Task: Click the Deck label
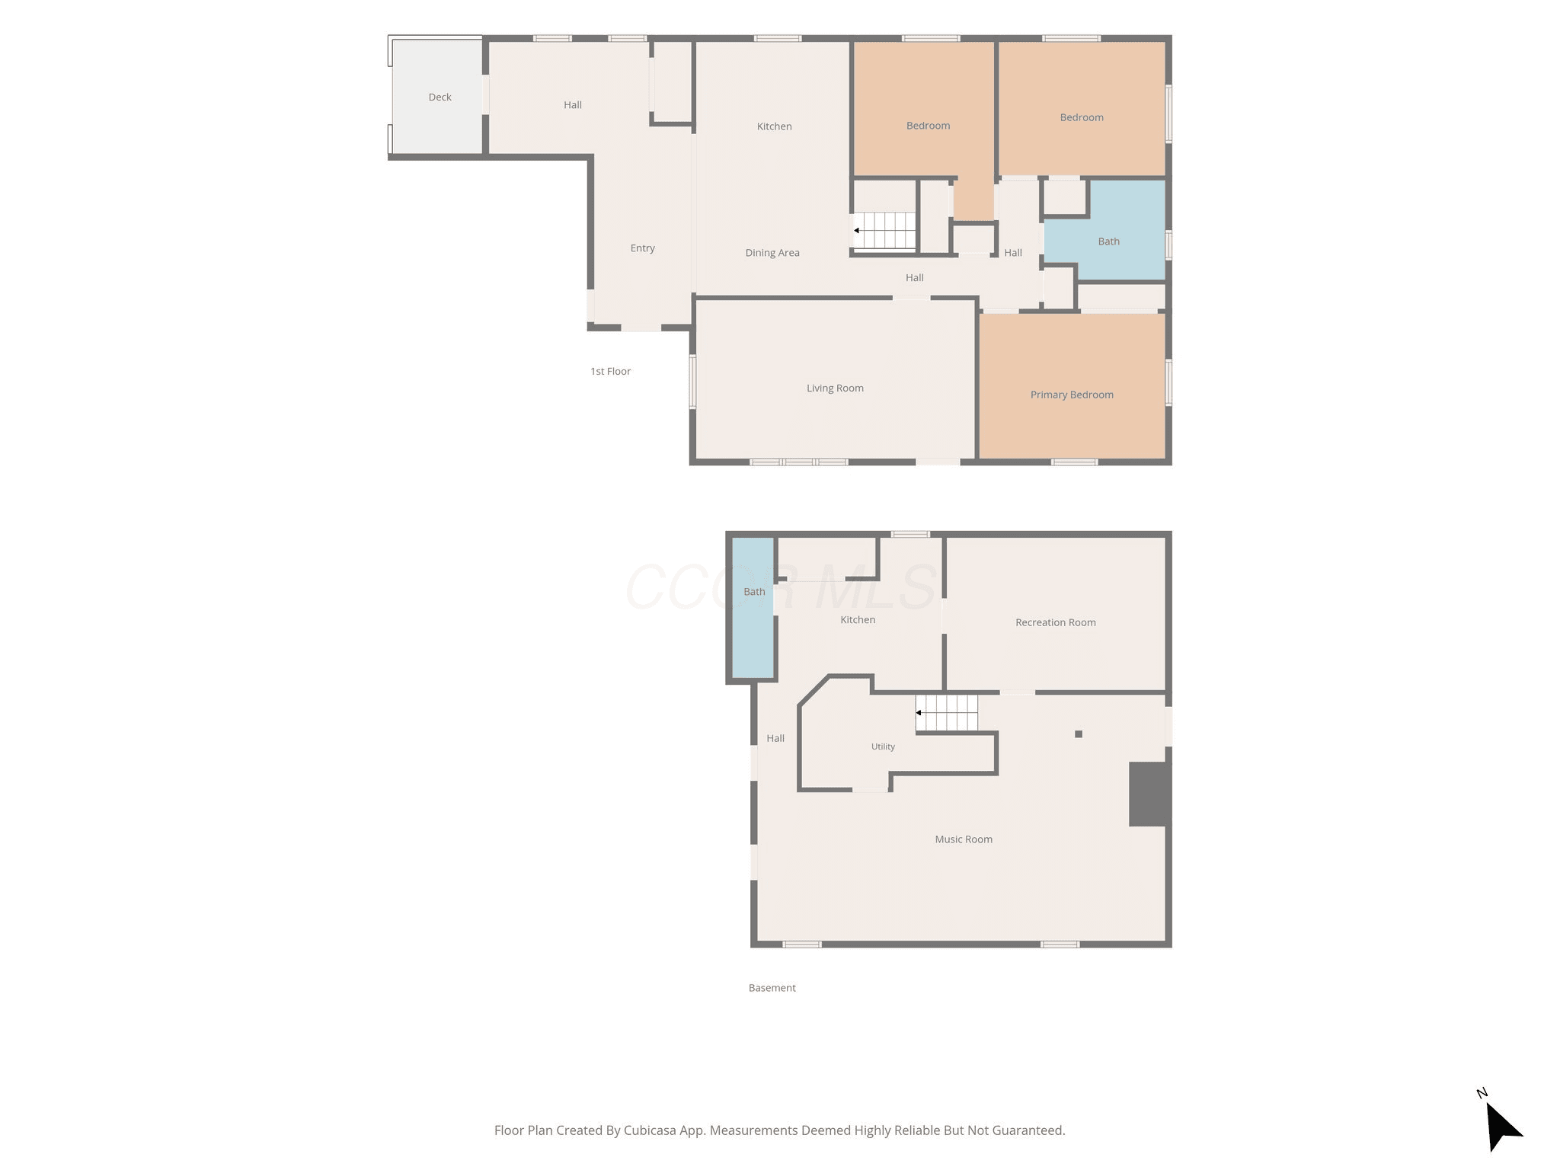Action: click(440, 97)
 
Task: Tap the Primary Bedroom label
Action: click(1072, 395)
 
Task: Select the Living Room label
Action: click(835, 388)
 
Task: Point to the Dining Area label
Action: click(772, 253)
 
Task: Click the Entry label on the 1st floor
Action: click(642, 248)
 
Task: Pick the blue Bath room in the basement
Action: click(753, 608)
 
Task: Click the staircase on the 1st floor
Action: click(884, 230)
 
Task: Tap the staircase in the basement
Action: click(947, 713)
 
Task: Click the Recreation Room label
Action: click(1055, 622)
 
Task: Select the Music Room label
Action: click(964, 839)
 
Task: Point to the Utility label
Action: click(883, 746)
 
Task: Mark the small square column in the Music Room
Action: click(1079, 734)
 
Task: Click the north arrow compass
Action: click(1501, 1124)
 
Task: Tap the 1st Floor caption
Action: click(610, 372)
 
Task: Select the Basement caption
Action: click(772, 988)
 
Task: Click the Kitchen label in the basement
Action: click(858, 620)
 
